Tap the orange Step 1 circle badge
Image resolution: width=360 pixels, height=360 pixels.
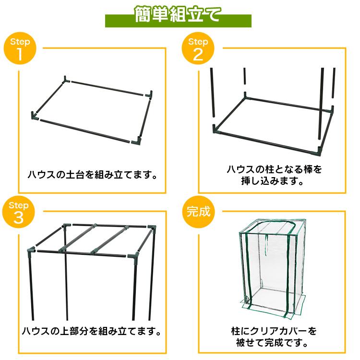pos(20,49)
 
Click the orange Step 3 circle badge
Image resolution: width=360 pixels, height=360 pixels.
pos(20,212)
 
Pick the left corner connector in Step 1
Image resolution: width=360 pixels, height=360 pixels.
pos(35,115)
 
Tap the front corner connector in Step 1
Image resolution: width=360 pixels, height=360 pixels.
pos(136,140)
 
